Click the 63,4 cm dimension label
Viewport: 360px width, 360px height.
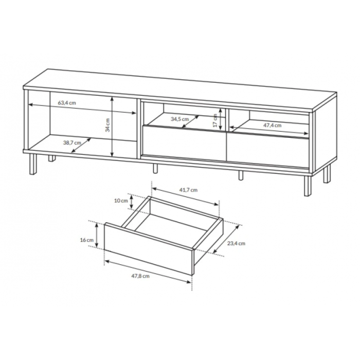[66, 103]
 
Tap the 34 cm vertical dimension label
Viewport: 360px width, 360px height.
[107, 125]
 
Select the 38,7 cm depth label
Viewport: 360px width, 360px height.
[72, 142]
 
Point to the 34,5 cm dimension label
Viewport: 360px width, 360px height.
[180, 119]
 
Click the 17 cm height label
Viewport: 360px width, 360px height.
[215, 120]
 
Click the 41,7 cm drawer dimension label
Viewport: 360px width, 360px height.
[188, 190]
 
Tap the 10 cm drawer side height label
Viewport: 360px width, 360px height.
[121, 201]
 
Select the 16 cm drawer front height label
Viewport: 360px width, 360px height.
[87, 240]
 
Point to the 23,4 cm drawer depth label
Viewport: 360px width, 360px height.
[236, 243]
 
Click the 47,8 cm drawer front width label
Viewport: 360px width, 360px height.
[140, 276]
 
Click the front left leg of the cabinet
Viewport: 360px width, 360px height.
[33, 164]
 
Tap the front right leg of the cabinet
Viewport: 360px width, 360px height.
[308, 186]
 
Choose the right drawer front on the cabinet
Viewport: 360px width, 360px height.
[268, 150]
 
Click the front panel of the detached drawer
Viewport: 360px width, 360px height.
[148, 248]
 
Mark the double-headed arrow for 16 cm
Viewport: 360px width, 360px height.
[97, 236]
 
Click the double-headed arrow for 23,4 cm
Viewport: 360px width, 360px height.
[226, 239]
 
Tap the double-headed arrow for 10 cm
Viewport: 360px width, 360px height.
[131, 202]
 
